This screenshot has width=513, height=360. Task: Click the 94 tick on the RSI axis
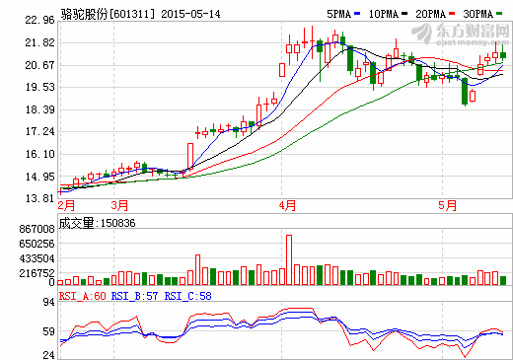pyautogui.click(x=47, y=303)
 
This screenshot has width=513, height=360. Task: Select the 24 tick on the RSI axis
pyautogui.click(x=47, y=354)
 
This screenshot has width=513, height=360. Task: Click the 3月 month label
pyautogui.click(x=119, y=205)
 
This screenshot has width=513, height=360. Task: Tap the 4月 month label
pyautogui.click(x=287, y=205)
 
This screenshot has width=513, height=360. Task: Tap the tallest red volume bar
pyautogui.click(x=289, y=259)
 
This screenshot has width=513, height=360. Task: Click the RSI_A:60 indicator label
pyautogui.click(x=82, y=295)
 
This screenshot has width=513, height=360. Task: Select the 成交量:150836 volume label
pyautogui.click(x=97, y=223)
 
